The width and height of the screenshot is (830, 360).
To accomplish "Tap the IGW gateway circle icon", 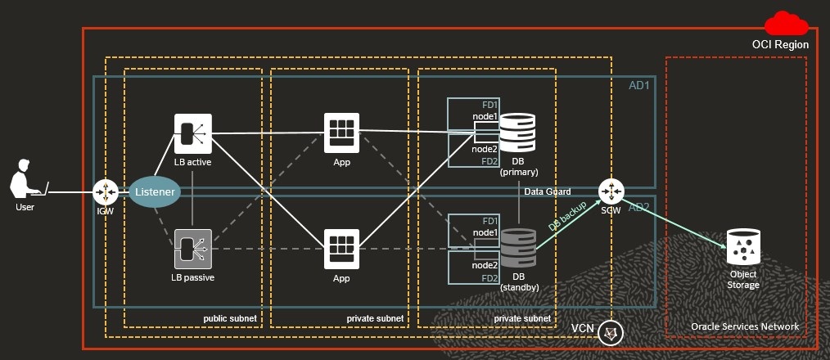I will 106,193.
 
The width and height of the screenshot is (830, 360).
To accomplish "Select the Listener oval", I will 154,192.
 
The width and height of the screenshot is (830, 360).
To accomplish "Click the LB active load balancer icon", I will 192,133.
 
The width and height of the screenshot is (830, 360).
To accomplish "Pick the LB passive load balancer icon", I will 192,248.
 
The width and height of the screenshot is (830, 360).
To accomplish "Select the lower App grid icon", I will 341,248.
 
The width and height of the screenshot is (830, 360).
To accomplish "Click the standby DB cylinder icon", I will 517,247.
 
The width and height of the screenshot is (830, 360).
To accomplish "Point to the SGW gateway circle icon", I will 610,192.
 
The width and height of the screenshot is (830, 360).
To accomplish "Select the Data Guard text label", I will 548,191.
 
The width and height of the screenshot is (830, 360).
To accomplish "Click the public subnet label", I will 230,318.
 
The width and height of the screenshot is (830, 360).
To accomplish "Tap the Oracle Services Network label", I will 744,326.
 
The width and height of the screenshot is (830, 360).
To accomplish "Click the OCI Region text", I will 780,45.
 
